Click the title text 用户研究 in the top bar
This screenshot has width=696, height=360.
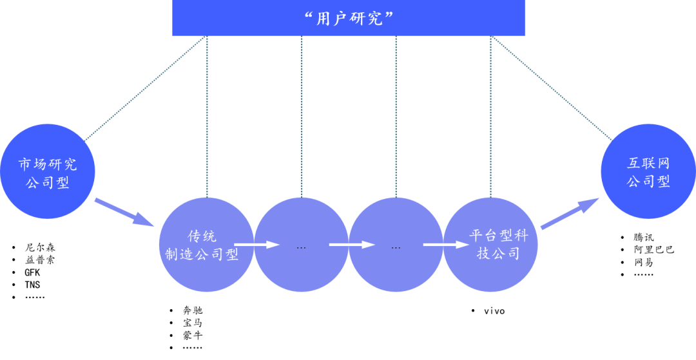(349, 18)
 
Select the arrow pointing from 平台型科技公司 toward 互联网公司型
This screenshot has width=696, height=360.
(569, 214)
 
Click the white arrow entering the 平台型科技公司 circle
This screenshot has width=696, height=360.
(445, 245)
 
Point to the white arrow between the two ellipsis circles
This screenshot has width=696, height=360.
(351, 245)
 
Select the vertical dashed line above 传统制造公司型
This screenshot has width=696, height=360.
(207, 116)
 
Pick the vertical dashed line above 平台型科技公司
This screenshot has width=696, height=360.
(490, 116)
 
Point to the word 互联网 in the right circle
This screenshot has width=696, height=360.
(648, 164)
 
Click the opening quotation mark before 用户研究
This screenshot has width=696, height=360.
(309, 15)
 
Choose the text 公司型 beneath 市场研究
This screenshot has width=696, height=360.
(48, 183)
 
